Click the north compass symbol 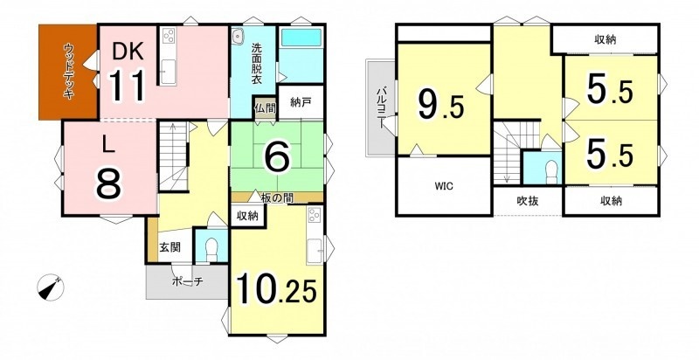click(x=51, y=287)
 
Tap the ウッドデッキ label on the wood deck click(x=69, y=71)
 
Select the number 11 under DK click(x=128, y=86)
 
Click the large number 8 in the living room click(x=108, y=184)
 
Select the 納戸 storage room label click(x=301, y=101)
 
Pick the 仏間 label click(x=266, y=107)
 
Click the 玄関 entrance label click(x=170, y=247)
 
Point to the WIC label click(x=444, y=186)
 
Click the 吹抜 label click(x=528, y=201)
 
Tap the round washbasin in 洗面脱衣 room click(x=238, y=34)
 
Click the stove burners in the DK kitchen click(x=170, y=36)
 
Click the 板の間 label click(x=277, y=199)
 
